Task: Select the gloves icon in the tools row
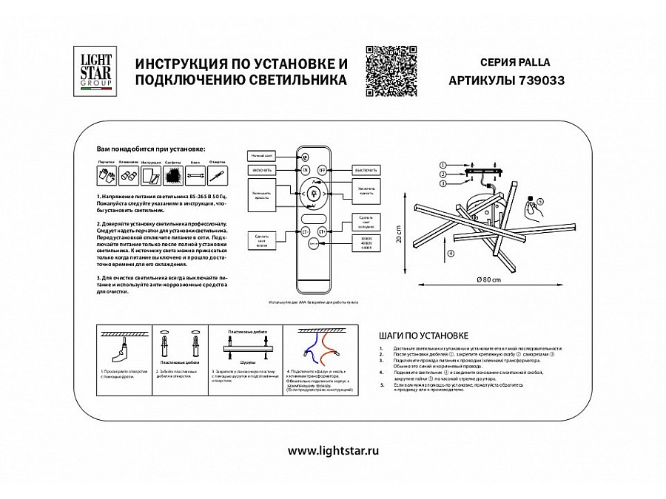coord(104,175)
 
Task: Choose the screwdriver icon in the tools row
coord(217,175)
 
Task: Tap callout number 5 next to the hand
coord(539,201)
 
